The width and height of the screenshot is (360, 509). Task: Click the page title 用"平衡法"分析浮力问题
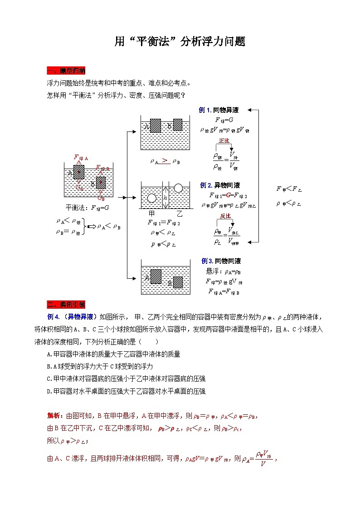coord(180,42)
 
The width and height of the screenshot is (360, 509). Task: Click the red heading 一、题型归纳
coord(66,71)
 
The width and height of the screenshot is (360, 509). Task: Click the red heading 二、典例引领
coord(66,304)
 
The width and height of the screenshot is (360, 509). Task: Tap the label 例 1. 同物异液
coord(219,110)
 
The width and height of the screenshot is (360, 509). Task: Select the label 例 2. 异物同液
coord(220,185)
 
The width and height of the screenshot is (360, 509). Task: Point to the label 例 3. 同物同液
coord(221,261)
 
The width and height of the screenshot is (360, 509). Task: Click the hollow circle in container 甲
coord(151,198)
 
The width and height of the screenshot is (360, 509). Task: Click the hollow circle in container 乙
coord(179,188)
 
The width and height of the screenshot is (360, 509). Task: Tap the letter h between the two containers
coord(165,198)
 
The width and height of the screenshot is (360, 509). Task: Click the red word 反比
coord(225,216)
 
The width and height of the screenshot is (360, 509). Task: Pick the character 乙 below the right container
coord(179,213)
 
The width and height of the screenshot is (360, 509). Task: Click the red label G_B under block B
coord(101,198)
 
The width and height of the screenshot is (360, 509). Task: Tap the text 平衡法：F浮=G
coord(88,208)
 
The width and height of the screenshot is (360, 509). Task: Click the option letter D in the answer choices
coord(49,391)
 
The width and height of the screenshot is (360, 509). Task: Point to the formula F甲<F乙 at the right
coord(289,189)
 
